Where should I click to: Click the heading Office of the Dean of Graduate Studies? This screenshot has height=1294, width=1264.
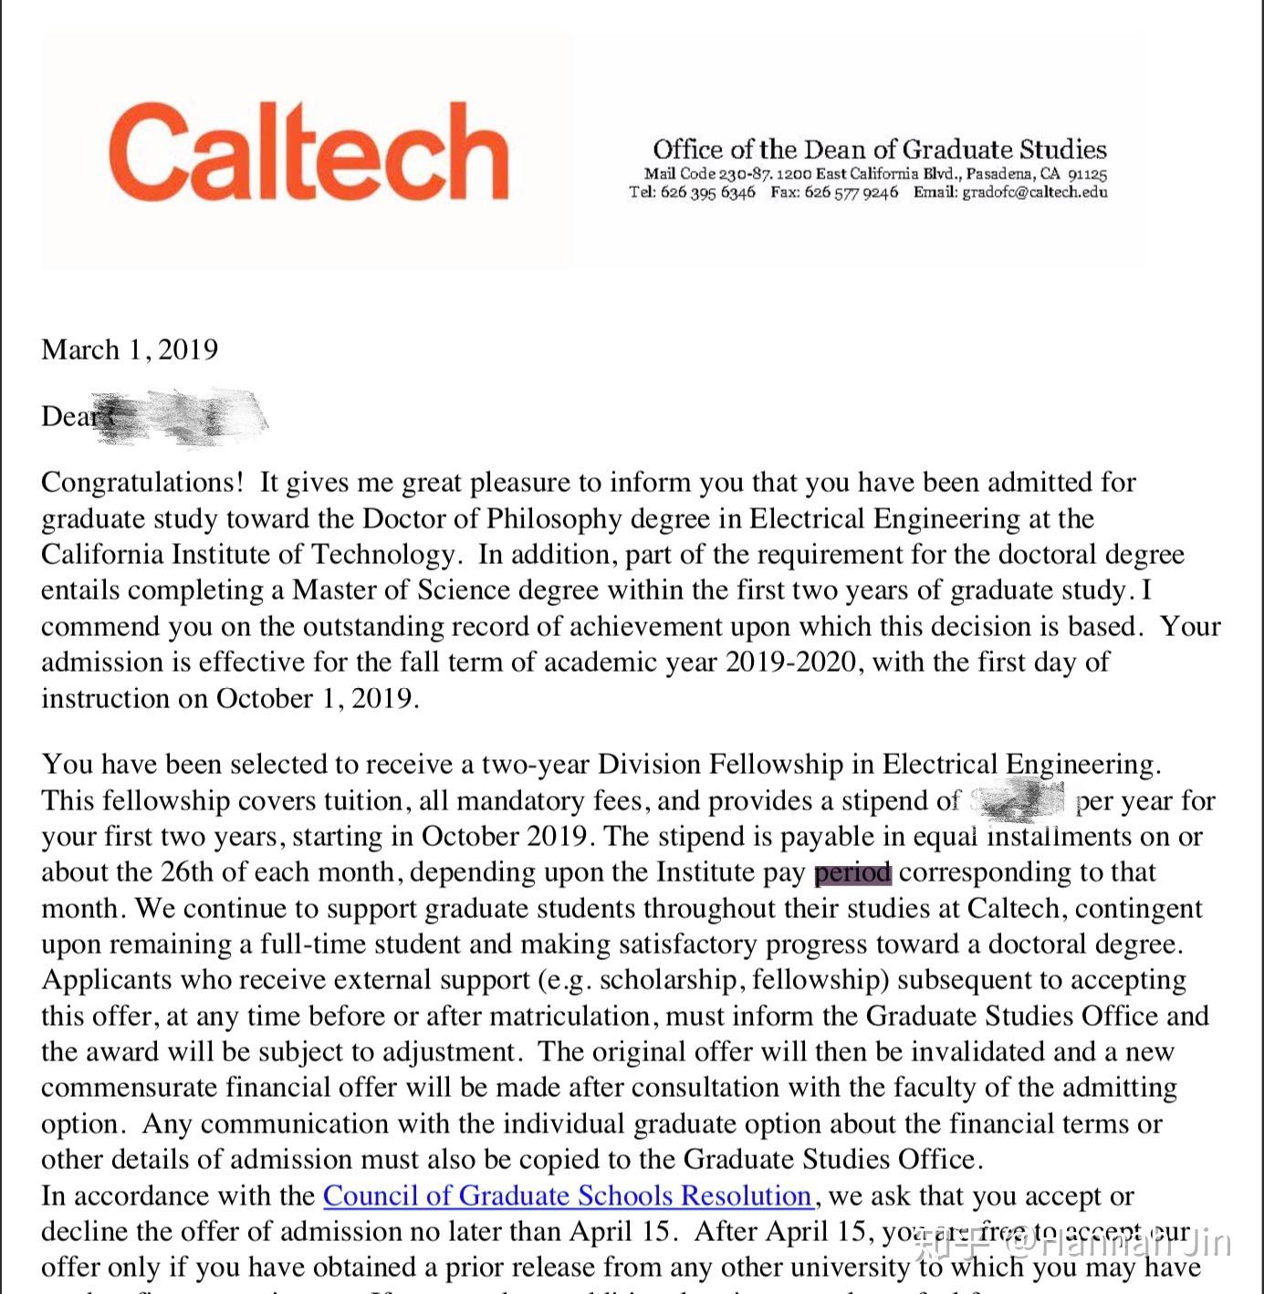click(x=879, y=150)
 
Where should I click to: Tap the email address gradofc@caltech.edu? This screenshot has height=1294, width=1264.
click(x=1035, y=193)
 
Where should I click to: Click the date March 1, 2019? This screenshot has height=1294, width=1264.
click(x=130, y=350)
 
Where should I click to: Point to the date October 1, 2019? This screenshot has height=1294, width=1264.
click(x=317, y=698)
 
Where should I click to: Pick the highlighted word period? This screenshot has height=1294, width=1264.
click(x=852, y=872)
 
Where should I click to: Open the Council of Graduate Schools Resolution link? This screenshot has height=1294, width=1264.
click(x=568, y=1195)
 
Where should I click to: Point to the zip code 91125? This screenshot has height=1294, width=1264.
click(x=1087, y=173)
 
